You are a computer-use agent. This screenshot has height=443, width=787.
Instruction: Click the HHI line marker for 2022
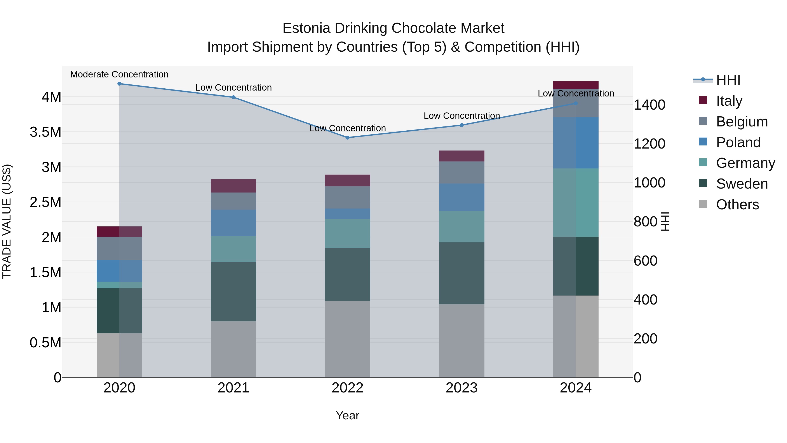point(347,138)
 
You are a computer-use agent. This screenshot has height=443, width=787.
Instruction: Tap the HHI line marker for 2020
point(119,84)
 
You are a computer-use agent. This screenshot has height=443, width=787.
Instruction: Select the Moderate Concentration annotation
point(119,74)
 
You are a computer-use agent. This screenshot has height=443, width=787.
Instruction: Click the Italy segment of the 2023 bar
point(462,156)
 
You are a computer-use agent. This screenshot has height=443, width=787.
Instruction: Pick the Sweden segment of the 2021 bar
point(233,291)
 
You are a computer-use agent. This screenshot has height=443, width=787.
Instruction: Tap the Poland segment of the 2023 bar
point(462,197)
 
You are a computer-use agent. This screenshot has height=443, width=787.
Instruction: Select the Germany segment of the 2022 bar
point(347,233)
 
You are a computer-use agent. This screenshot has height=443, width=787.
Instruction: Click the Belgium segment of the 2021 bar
point(233,201)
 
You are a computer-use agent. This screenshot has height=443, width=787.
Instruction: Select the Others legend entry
point(737,204)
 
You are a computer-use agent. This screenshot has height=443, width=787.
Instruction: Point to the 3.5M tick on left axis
point(45,132)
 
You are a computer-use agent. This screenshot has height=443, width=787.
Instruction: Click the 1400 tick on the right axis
point(649,105)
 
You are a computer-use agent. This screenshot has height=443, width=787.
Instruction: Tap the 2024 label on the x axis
point(576,388)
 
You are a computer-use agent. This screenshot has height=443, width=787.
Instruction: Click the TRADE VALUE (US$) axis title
point(7,221)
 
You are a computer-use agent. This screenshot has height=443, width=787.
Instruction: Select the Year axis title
point(347,415)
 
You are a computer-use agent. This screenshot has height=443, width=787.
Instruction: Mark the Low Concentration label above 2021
point(233,88)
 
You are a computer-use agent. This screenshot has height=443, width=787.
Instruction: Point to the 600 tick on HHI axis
point(645,261)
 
